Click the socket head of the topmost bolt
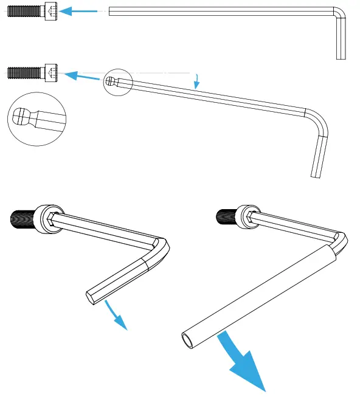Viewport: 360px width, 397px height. click(51, 12)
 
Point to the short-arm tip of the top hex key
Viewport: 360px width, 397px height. click(341, 56)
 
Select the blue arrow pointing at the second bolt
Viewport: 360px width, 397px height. click(82, 77)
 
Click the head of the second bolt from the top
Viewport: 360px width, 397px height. click(51, 74)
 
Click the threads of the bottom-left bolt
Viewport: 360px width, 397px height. click(24, 217)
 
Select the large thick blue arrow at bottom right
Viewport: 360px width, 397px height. click(243, 362)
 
